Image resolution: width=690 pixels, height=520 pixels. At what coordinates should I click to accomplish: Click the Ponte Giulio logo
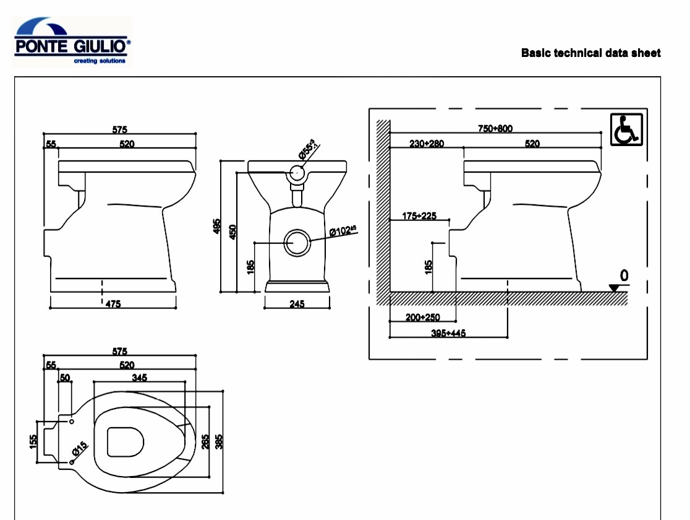click(x=72, y=41)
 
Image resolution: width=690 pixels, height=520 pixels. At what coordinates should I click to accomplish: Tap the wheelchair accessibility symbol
click(x=627, y=129)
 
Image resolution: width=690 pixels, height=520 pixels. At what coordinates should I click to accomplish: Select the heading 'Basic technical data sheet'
click(x=590, y=53)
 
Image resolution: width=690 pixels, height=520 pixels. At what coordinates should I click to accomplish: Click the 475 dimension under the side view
click(x=113, y=303)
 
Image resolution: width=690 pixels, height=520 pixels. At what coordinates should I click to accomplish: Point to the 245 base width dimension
click(x=297, y=304)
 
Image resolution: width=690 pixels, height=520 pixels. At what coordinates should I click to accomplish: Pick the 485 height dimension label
click(x=216, y=227)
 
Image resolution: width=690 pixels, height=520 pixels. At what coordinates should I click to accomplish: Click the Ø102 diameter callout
click(x=343, y=232)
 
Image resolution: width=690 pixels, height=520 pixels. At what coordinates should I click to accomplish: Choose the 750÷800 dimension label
click(x=495, y=129)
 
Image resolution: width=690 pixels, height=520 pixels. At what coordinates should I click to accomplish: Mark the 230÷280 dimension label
click(x=427, y=144)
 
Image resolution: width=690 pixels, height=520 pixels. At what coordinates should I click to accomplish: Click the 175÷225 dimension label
click(x=419, y=215)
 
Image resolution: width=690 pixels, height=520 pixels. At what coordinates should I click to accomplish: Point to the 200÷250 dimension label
click(x=423, y=318)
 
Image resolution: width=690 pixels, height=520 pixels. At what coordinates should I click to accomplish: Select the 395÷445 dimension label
click(x=448, y=333)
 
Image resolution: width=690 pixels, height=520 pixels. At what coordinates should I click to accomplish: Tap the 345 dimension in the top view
click(x=140, y=377)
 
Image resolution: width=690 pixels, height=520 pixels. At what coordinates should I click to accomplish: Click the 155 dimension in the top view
click(x=34, y=441)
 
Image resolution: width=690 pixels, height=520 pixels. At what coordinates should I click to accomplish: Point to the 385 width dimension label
click(x=218, y=441)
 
